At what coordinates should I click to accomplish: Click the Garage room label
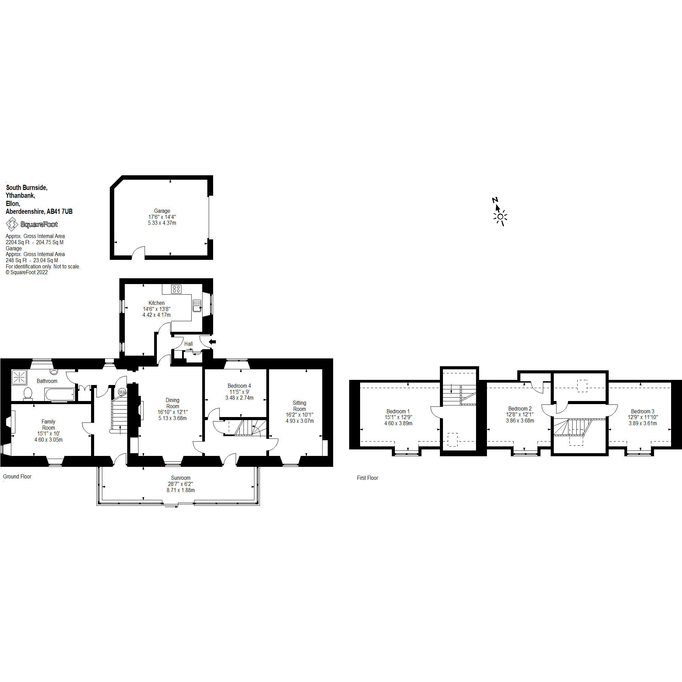pyautogui.click(x=162, y=211)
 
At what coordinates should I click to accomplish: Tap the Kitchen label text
pyautogui.click(x=157, y=303)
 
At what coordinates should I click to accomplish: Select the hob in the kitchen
pyautogui.click(x=176, y=290)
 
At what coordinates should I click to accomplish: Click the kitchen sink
pyautogui.click(x=197, y=306)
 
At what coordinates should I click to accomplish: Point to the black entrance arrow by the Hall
pyautogui.click(x=212, y=342)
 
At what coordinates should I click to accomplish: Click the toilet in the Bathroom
pyautogui.click(x=28, y=394)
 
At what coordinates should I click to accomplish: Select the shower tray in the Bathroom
pyautogui.click(x=18, y=377)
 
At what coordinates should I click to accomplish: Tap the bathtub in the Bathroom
pyautogui.click(x=60, y=394)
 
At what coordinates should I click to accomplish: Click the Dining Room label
pyautogui.click(x=173, y=403)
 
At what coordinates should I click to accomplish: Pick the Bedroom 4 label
pyautogui.click(x=239, y=386)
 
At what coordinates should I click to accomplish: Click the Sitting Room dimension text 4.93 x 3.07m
pyautogui.click(x=300, y=421)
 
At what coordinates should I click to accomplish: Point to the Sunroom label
pyautogui.click(x=181, y=478)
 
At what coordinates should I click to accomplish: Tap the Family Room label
pyautogui.click(x=48, y=425)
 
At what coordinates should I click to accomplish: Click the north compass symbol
pyautogui.click(x=499, y=212)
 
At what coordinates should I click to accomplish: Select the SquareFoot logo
pyautogui.click(x=32, y=224)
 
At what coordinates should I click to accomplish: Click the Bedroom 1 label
pyautogui.click(x=398, y=411)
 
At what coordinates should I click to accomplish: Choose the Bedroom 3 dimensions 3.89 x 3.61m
pyautogui.click(x=643, y=423)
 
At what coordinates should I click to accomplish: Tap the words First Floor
pyautogui.click(x=368, y=478)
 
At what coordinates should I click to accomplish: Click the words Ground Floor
pyautogui.click(x=17, y=477)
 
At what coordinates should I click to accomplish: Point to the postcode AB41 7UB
pyautogui.click(x=60, y=211)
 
